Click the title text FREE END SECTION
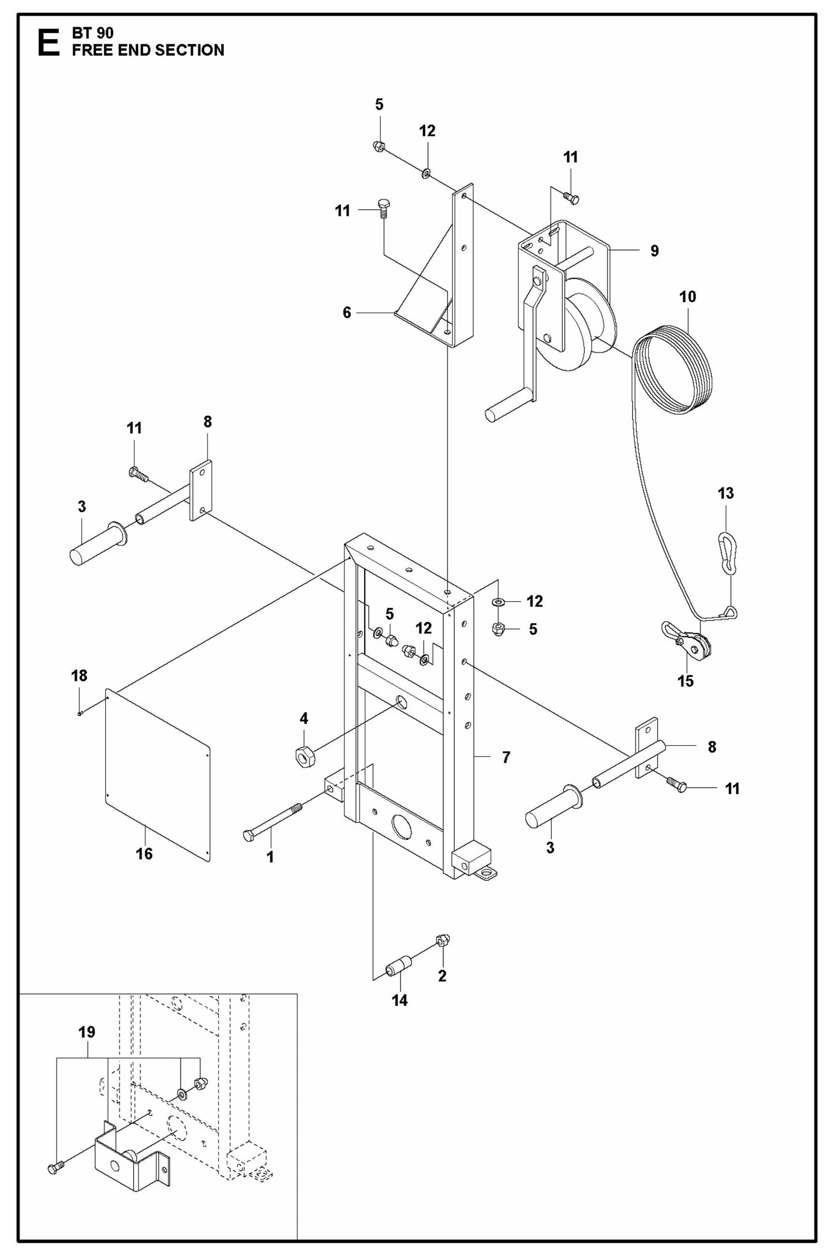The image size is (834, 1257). coord(148,50)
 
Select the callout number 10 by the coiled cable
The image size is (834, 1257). coord(687,297)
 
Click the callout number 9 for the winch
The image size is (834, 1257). coord(654,250)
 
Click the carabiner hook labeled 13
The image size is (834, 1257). coord(729,553)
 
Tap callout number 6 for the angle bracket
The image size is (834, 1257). coord(346,312)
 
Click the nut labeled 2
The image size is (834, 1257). coord(443,940)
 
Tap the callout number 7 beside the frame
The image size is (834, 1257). coord(506,757)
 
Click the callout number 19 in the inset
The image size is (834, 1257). coord(87,1031)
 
